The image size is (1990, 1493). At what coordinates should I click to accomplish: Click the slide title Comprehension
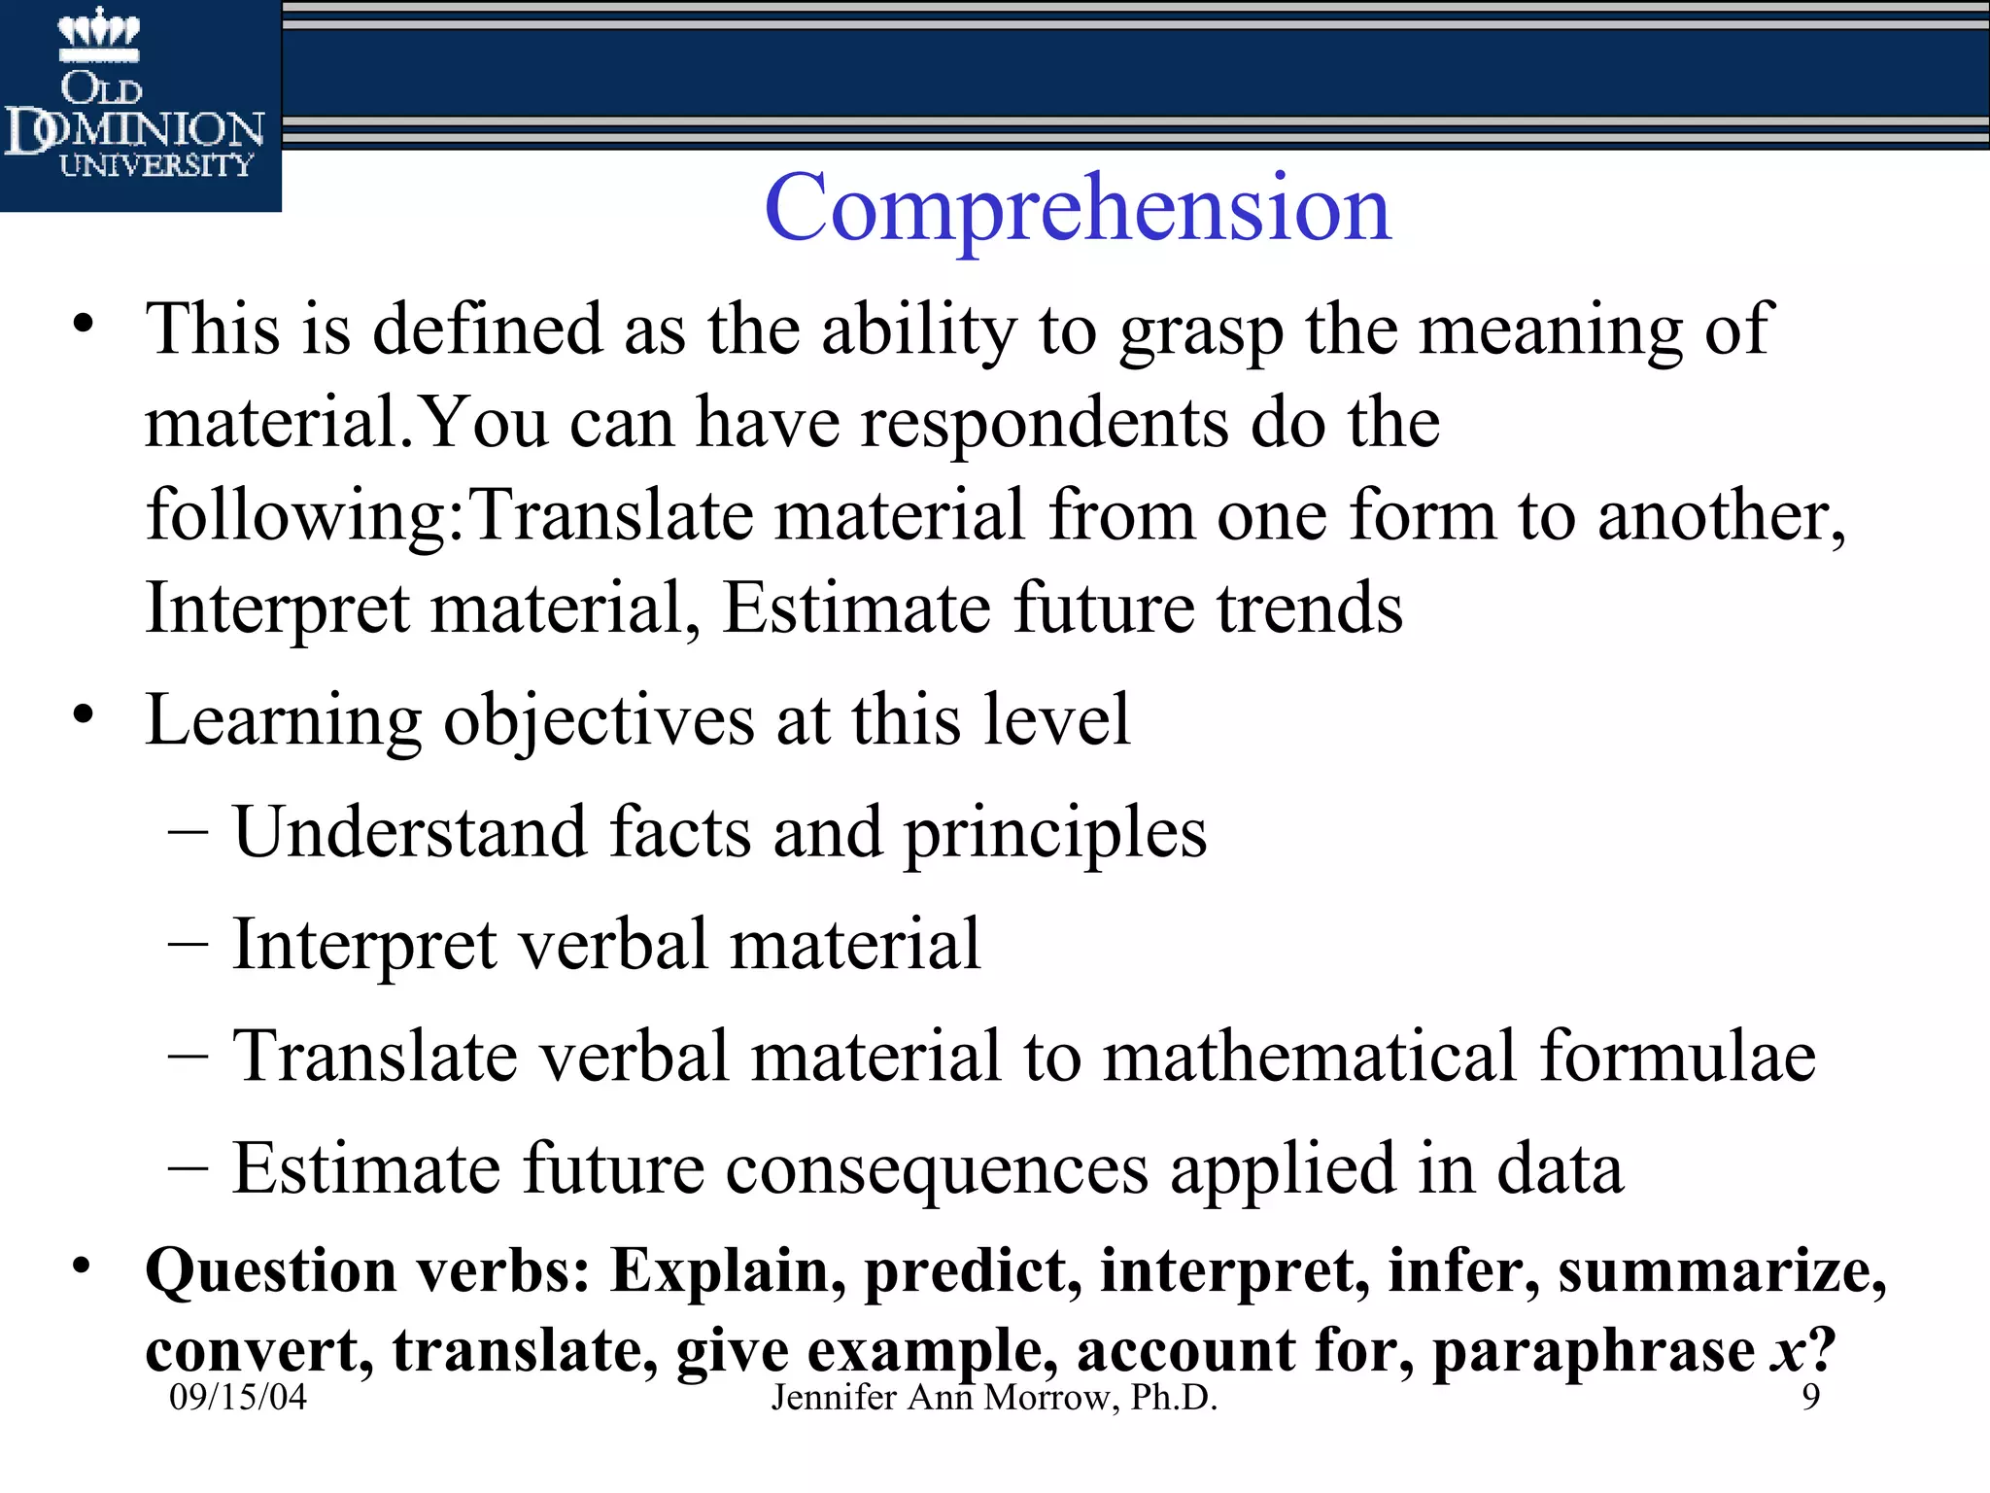(1078, 208)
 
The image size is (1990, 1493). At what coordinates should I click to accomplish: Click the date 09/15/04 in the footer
(238, 1397)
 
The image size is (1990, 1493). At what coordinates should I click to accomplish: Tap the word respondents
(1045, 425)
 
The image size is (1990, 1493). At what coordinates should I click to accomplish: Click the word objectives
(599, 721)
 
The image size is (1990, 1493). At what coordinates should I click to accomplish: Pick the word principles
(1055, 834)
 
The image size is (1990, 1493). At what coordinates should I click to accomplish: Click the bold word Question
(271, 1271)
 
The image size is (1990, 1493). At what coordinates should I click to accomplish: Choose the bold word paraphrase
(1594, 1351)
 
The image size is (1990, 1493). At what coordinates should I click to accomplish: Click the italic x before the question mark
(1786, 1352)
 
